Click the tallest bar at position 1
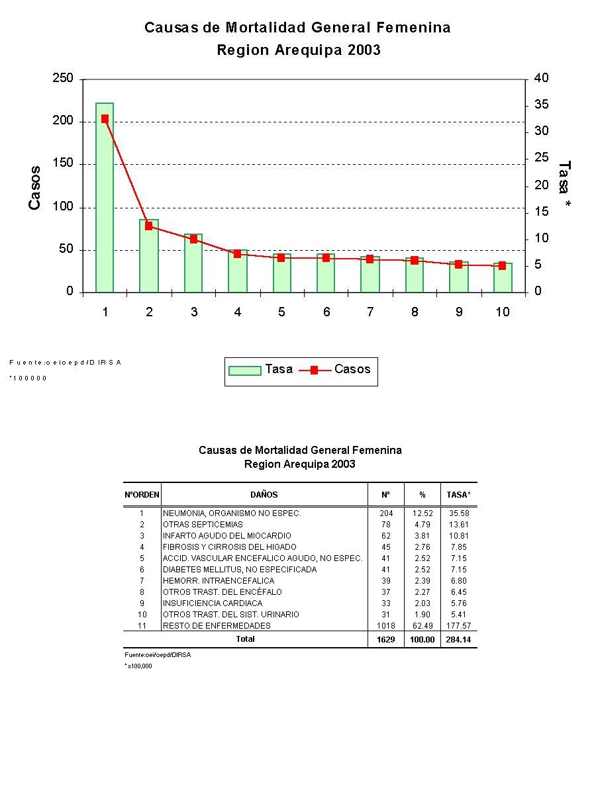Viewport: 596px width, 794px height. (x=105, y=198)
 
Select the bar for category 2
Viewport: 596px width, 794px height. (x=149, y=257)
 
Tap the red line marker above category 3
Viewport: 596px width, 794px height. (x=194, y=239)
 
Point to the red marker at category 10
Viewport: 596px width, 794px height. (x=503, y=265)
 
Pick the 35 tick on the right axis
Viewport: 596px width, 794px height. (x=541, y=105)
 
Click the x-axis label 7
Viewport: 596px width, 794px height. (x=370, y=312)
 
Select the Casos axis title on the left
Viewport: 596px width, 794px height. (x=34, y=188)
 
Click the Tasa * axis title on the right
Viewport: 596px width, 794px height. (x=564, y=186)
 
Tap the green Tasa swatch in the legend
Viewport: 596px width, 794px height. (x=244, y=371)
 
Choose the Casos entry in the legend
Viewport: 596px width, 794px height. (x=352, y=369)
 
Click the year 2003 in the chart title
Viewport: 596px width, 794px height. (x=364, y=50)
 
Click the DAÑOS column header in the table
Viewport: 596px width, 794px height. (x=264, y=495)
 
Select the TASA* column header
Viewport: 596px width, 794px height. (x=458, y=495)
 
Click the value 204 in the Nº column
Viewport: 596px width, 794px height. (x=386, y=513)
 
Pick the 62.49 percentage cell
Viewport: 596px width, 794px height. (x=422, y=626)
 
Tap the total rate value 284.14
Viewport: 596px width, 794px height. (x=458, y=640)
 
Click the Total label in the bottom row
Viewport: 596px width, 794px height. (x=245, y=639)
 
